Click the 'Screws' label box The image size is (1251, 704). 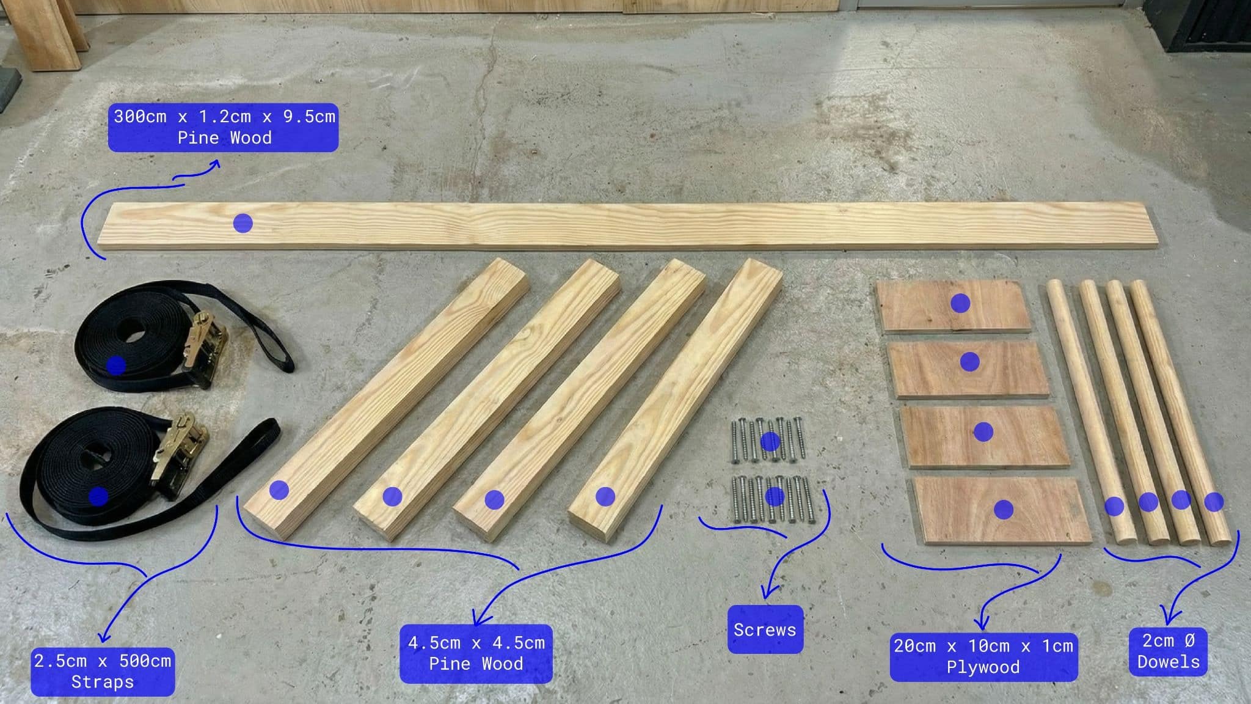[765, 629]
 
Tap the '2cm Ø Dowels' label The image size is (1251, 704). [1168, 651]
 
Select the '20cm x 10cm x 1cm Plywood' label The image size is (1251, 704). [983, 656]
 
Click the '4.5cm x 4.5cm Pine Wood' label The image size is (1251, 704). [476, 653]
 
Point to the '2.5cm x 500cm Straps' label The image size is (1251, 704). [103, 671]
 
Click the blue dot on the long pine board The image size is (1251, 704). [243, 224]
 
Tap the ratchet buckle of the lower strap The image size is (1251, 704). [180, 452]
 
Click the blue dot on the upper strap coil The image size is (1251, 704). [116, 365]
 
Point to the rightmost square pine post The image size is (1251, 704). [678, 397]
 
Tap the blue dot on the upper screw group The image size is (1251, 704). [770, 441]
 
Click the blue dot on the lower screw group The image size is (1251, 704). [775, 496]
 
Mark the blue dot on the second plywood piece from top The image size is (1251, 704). [970, 362]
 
